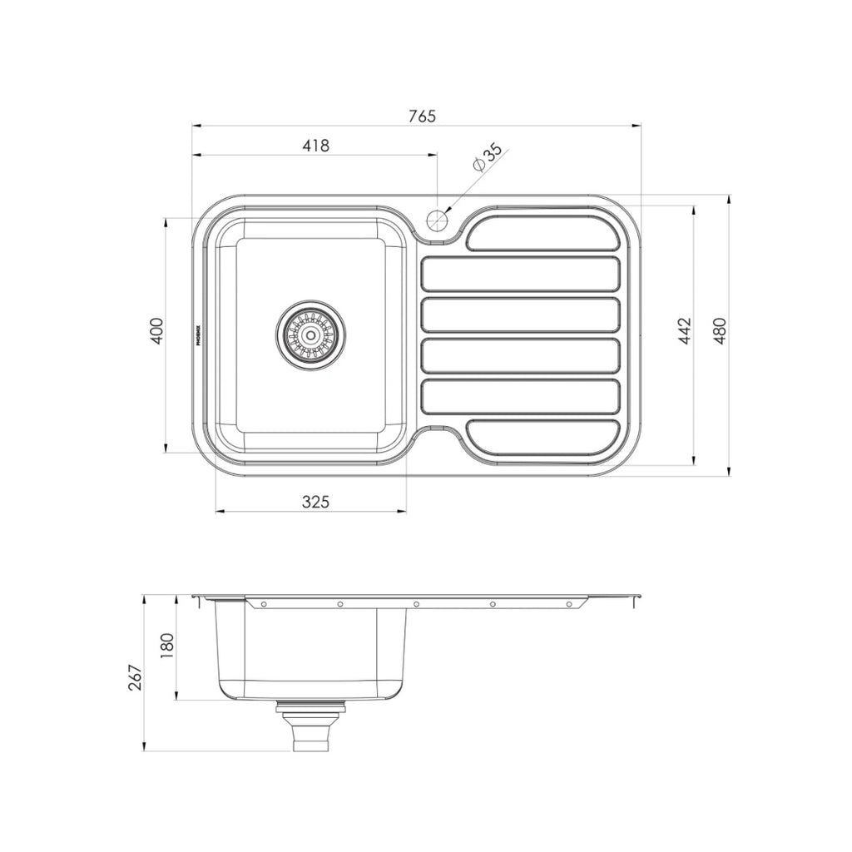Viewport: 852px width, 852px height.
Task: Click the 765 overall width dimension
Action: (422, 116)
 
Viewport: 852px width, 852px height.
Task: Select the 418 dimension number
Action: (315, 146)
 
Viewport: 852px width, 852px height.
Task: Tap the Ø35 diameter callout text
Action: (487, 157)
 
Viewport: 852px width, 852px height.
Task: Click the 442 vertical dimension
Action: (685, 332)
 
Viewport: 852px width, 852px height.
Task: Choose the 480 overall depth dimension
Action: (720, 332)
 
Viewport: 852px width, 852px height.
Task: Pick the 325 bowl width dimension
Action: (315, 502)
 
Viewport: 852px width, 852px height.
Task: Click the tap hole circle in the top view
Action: (436, 220)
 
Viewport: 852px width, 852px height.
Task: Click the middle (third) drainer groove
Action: (520, 315)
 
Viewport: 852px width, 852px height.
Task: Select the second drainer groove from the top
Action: (520, 275)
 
